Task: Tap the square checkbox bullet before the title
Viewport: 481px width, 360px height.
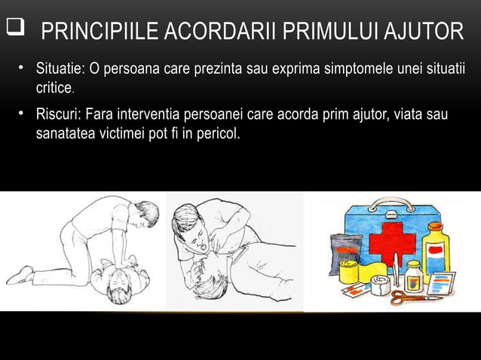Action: pyautogui.click(x=14, y=30)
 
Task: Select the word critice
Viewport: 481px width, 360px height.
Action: pyautogui.click(x=54, y=89)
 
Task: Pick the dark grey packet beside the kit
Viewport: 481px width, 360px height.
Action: pyautogui.click(x=342, y=248)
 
